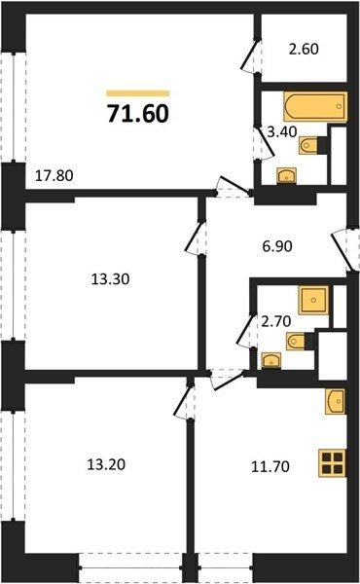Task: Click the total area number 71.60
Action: click(138, 113)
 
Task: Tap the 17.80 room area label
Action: click(54, 175)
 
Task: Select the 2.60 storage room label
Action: click(304, 49)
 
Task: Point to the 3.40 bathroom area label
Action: click(282, 131)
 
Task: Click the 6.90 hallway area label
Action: click(277, 246)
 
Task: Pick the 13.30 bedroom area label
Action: click(110, 279)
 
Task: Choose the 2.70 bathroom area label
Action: click(276, 321)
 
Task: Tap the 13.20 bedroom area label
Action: click(106, 464)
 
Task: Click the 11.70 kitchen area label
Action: click(270, 466)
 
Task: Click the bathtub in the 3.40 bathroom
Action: click(315, 106)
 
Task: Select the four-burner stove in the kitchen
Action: click(332, 463)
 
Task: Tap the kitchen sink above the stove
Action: click(335, 401)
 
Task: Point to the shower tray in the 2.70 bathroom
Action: click(313, 300)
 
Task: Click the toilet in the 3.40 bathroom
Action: click(308, 145)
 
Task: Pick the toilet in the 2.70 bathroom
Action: click(296, 341)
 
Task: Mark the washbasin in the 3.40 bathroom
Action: click(286, 176)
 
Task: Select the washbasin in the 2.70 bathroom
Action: click(271, 360)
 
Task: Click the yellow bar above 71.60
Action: click(138, 93)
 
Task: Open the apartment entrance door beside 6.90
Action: click(345, 250)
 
